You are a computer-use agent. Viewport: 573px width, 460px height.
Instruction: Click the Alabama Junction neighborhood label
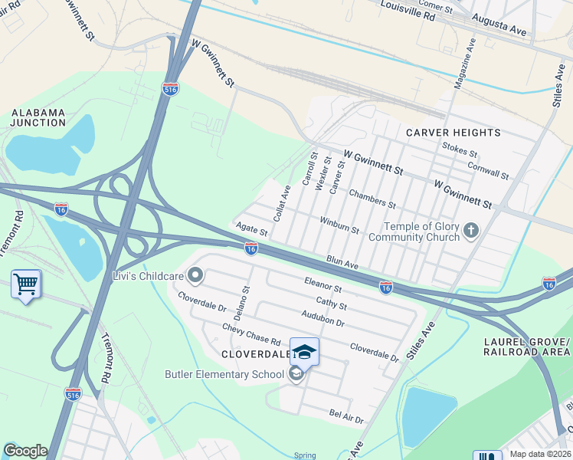[38, 117]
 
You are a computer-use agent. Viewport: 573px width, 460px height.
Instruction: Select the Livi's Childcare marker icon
[196, 274]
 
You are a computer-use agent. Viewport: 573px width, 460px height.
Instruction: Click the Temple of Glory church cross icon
[471, 229]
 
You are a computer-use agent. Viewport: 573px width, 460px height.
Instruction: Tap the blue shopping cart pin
[26, 285]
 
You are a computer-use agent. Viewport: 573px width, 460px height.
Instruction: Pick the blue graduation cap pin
[304, 352]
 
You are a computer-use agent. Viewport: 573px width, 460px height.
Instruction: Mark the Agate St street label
[251, 229]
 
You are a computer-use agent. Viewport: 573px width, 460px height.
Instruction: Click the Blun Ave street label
[342, 263]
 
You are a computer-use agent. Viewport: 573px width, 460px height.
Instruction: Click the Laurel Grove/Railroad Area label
[527, 346]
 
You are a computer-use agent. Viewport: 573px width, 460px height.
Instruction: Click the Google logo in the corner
[25, 451]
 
